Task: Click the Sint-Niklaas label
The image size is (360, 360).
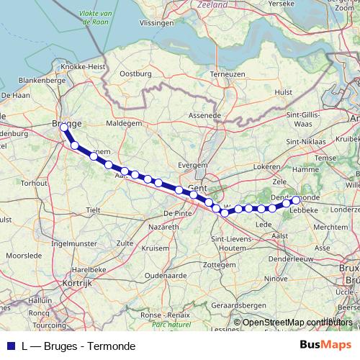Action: tap(304, 141)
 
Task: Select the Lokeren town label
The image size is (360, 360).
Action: tap(266, 166)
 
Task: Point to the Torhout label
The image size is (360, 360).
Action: tap(34, 183)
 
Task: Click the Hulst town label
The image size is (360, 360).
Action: tap(284, 92)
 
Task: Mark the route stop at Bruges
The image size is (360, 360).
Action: tap(64, 127)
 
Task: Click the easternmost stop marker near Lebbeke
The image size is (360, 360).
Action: tap(295, 200)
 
